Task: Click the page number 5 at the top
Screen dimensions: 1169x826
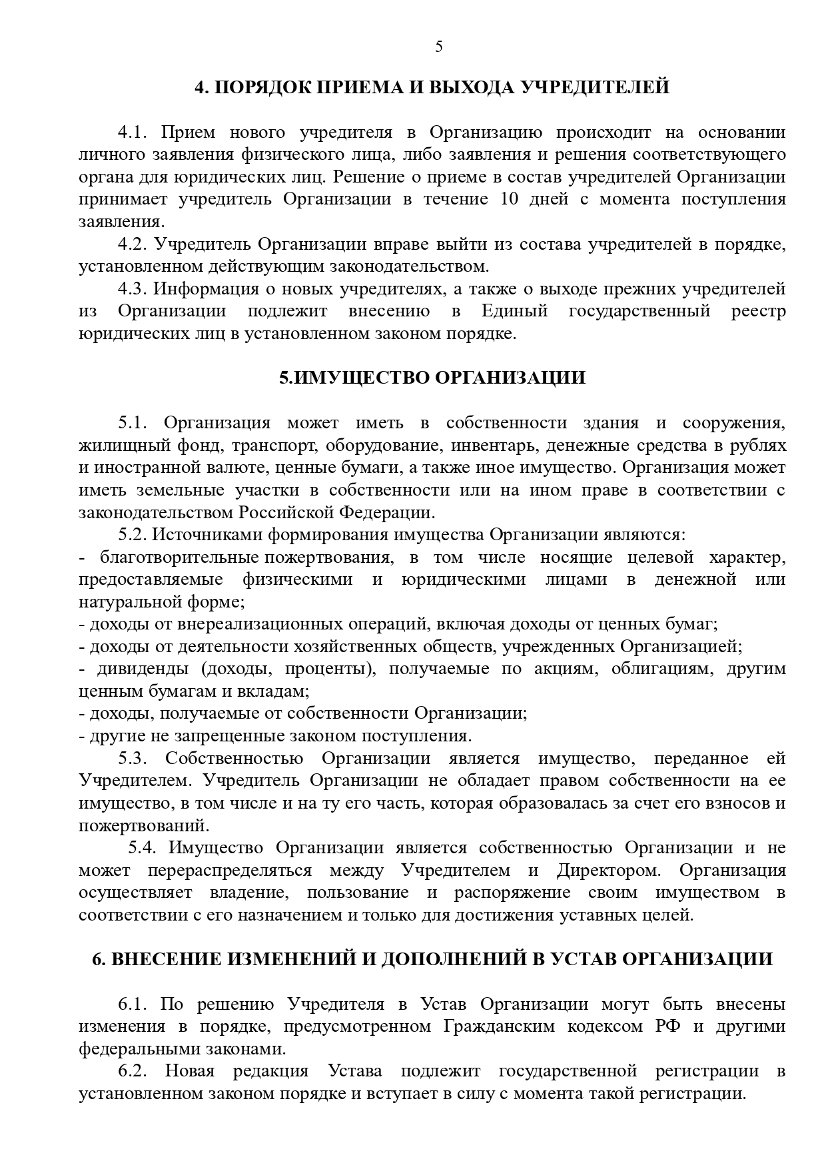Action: coord(438,47)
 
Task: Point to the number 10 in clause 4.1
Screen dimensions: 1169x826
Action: coord(510,199)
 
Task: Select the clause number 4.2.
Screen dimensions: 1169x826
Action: coord(132,244)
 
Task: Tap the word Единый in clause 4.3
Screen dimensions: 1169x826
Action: coord(514,311)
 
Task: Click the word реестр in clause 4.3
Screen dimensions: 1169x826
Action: coord(758,311)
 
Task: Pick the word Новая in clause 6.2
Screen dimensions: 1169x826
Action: coord(190,1071)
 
